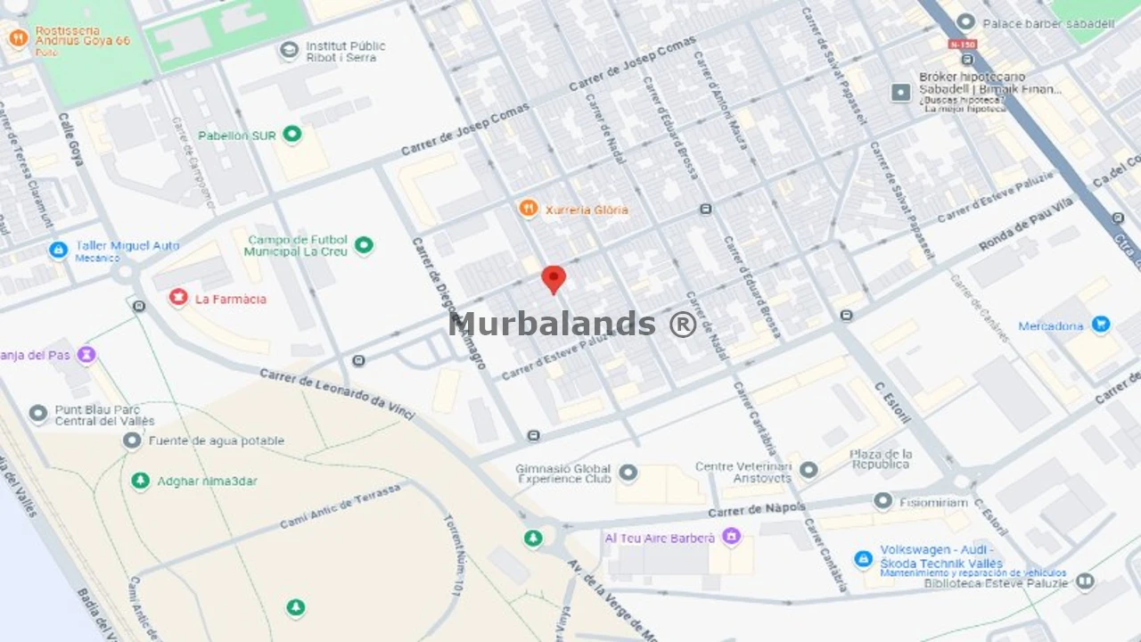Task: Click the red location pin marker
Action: [x=554, y=279]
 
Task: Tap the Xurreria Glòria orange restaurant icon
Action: [x=529, y=209]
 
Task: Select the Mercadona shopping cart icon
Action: [x=1101, y=325]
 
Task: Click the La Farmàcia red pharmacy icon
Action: [x=178, y=297]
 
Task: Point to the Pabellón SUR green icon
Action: [x=291, y=135]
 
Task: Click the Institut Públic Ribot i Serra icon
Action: [x=289, y=51]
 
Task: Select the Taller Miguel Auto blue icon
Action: [x=58, y=251]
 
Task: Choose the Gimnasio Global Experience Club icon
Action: [x=628, y=472]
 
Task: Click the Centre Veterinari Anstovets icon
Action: [x=809, y=470]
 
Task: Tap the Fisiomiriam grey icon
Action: [x=882, y=501]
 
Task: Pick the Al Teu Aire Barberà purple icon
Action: [x=731, y=537]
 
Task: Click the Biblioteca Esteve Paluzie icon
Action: [x=1085, y=582]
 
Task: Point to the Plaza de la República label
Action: [x=881, y=458]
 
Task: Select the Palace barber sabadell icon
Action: [x=965, y=22]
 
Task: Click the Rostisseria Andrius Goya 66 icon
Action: [x=17, y=38]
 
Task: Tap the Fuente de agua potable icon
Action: [x=132, y=440]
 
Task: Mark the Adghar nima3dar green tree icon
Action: [x=140, y=481]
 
